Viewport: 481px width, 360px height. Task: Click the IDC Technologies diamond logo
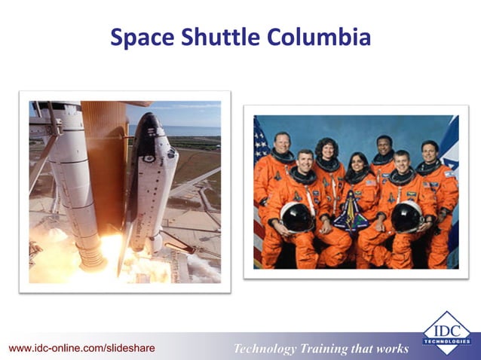tap(446, 332)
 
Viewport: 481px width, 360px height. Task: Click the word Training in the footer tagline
tap(328, 348)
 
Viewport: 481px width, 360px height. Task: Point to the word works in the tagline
tap(391, 348)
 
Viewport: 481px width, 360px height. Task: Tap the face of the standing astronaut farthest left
tap(280, 143)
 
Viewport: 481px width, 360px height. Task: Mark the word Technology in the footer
tap(267, 348)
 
